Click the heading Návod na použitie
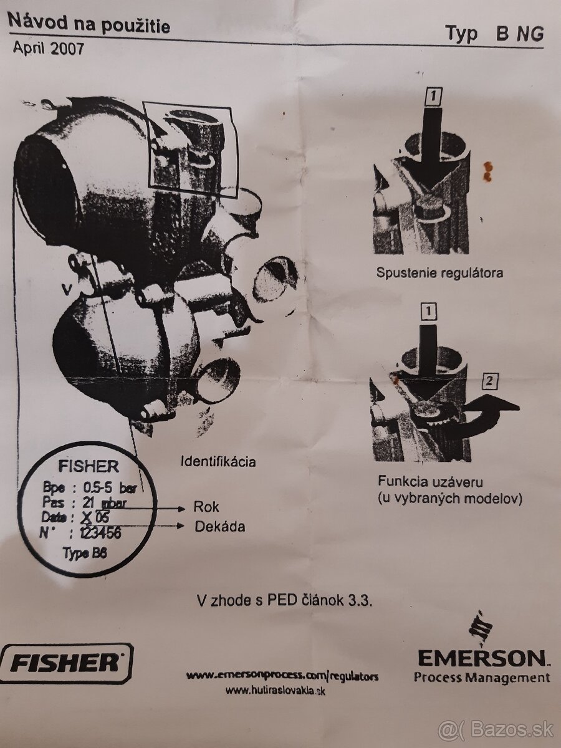(88, 24)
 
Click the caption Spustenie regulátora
(439, 273)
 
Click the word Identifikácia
(218, 462)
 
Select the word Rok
(206, 507)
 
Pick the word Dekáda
(219, 527)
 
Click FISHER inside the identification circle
(88, 467)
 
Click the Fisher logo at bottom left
(66, 662)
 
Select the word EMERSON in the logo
(481, 657)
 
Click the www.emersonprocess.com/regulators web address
(282, 676)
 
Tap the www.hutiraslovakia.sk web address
(275, 690)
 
